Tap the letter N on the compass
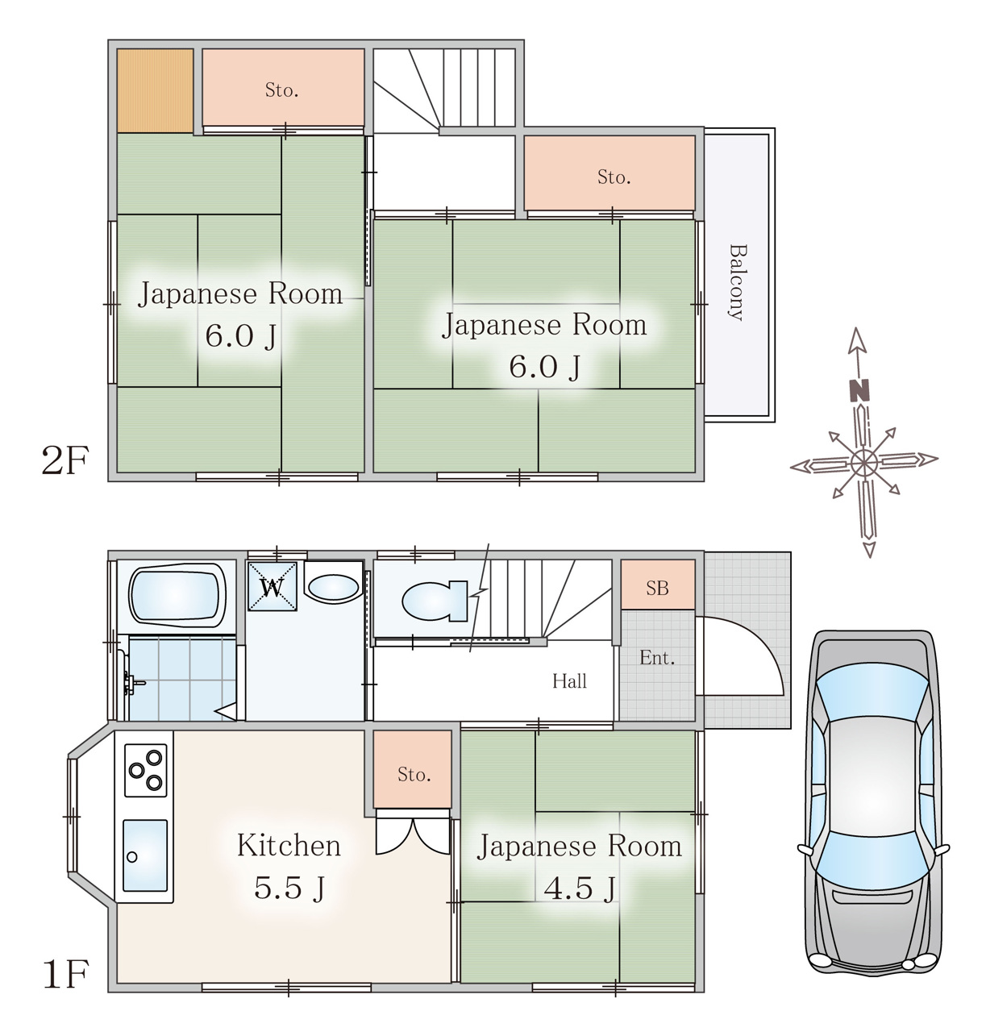click(859, 391)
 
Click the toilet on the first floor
click(435, 601)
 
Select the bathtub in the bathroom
click(177, 595)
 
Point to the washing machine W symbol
click(272, 586)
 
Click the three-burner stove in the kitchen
click(145, 770)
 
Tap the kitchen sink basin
click(145, 855)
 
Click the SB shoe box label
click(657, 588)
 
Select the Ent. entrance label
click(656, 658)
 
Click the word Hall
click(569, 681)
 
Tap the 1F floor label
click(64, 974)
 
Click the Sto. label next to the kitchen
click(414, 775)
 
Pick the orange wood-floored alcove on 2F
click(155, 90)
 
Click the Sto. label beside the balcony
click(614, 177)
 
